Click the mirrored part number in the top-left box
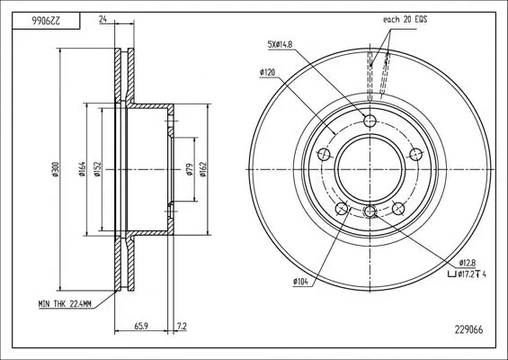point(46,21)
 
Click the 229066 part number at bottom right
point(468,329)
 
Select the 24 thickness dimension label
point(103,20)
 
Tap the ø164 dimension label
point(82,169)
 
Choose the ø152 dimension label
point(98,169)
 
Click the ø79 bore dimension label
point(190,169)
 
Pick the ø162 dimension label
point(203,169)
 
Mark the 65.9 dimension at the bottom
point(141,326)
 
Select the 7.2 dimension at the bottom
point(183,326)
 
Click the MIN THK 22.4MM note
point(65,304)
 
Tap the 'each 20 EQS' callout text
point(405,20)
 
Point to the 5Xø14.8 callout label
point(280,44)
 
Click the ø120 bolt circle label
point(267,72)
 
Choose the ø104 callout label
point(300,282)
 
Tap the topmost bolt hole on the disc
point(370,121)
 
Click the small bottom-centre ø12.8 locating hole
point(370,211)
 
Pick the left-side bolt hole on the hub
point(324,155)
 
